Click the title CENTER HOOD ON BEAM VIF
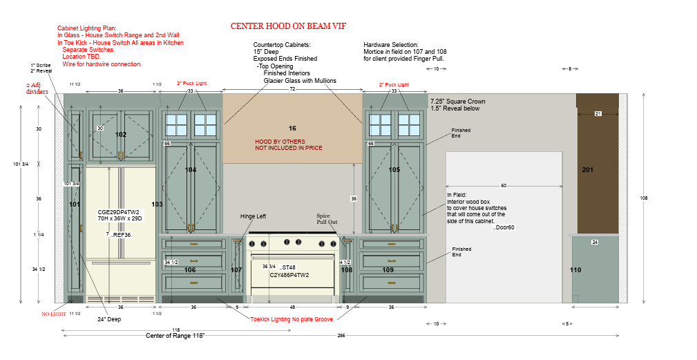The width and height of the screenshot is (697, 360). tap(288, 26)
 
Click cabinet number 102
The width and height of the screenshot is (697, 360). tap(121, 135)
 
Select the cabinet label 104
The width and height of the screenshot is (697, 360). tap(191, 169)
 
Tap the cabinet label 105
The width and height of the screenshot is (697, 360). tap(394, 169)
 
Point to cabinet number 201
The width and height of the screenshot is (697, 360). tap(588, 169)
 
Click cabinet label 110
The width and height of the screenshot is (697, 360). tap(575, 269)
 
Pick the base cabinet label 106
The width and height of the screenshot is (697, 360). tap(191, 269)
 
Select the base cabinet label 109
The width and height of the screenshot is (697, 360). tap(388, 269)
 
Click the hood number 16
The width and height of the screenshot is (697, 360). tap(292, 129)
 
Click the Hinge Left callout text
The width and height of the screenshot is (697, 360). tap(253, 216)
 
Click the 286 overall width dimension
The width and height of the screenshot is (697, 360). tap(341, 335)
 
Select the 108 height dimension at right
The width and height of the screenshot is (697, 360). tap(644, 198)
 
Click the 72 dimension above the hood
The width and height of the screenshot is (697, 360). tap(292, 90)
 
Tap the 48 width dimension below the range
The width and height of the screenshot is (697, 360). tap(292, 307)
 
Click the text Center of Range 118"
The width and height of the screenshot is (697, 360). tap(175, 335)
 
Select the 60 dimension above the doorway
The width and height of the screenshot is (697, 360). tap(504, 186)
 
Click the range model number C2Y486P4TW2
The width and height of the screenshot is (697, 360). tap(289, 275)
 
